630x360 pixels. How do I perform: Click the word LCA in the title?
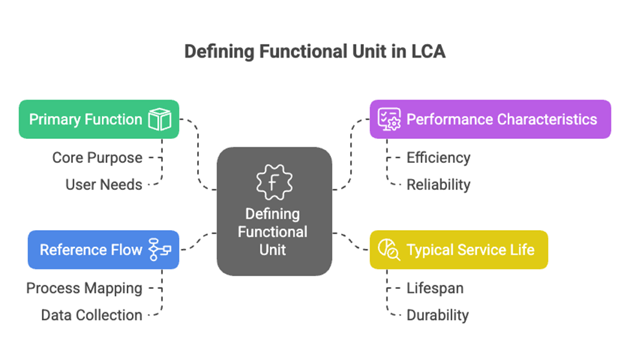pyautogui.click(x=428, y=52)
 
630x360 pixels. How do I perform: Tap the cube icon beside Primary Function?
pyautogui.click(x=160, y=120)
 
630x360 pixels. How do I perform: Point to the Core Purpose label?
pyautogui.click(x=98, y=158)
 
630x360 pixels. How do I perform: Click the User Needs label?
pyautogui.click(x=103, y=185)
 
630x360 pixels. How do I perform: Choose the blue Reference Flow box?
pyautogui.click(x=103, y=249)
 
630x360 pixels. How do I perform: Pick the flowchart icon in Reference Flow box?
pyautogui.click(x=160, y=249)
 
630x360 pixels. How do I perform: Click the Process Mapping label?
pyautogui.click(x=84, y=288)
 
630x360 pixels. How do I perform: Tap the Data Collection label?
pyautogui.click(x=92, y=315)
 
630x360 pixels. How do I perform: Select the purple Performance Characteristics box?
pyautogui.click(x=490, y=119)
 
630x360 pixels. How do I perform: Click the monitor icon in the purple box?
pyautogui.click(x=389, y=120)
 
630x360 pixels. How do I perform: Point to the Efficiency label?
pyautogui.click(x=438, y=158)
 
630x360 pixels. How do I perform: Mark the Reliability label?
pyautogui.click(x=438, y=185)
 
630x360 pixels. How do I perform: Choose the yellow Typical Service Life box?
pyautogui.click(x=459, y=249)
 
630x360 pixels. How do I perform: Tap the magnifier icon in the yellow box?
pyautogui.click(x=389, y=249)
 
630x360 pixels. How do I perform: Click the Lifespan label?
pyautogui.click(x=435, y=288)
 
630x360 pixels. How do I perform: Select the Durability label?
pyautogui.click(x=437, y=315)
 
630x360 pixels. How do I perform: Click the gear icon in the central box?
pyautogui.click(x=274, y=182)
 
